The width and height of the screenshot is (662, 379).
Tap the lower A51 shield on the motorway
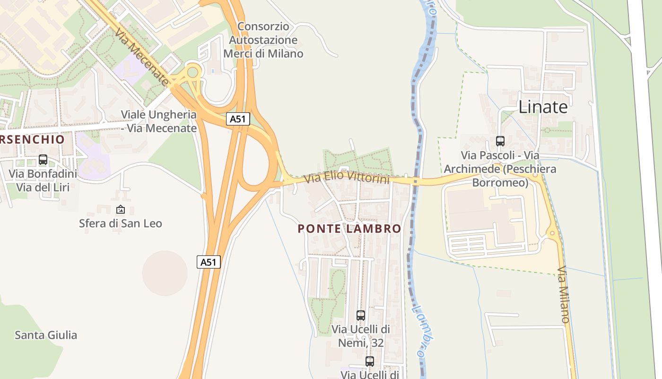pyautogui.click(x=209, y=262)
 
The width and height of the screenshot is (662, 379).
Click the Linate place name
pyautogui.click(x=543, y=107)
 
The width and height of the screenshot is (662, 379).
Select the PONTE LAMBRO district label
pyautogui.click(x=349, y=229)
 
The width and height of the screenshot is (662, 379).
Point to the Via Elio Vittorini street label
pyautogui.click(x=347, y=178)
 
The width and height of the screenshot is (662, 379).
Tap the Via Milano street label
pyautogui.click(x=564, y=295)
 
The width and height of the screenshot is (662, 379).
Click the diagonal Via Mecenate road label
pyautogui.click(x=141, y=57)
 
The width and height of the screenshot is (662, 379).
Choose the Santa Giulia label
pyautogui.click(x=46, y=335)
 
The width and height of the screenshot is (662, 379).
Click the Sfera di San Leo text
pyautogui.click(x=120, y=223)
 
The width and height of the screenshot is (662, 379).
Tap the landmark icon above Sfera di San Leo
pyautogui.click(x=120, y=209)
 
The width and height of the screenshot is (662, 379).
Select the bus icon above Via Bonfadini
pyautogui.click(x=43, y=160)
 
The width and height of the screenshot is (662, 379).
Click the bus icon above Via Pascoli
pyautogui.click(x=500, y=141)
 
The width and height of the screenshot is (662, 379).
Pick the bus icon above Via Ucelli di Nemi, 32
pyautogui.click(x=360, y=315)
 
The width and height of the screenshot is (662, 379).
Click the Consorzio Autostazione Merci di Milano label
pyautogui.click(x=263, y=40)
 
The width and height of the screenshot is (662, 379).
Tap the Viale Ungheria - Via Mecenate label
pyautogui.click(x=158, y=121)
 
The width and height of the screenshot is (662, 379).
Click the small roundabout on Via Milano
pyautogui.click(x=551, y=233)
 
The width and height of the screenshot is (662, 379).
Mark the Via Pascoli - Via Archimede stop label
pyautogui.click(x=500, y=169)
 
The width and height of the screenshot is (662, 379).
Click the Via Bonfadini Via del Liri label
pyautogui.click(x=43, y=180)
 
